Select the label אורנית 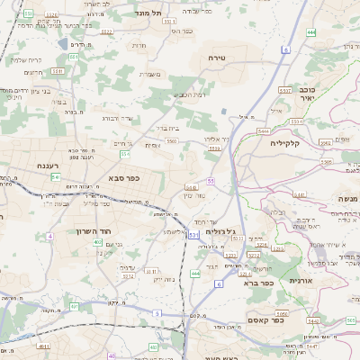pos(300,281)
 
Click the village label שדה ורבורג pos(117,118)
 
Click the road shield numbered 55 pos(210,181)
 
